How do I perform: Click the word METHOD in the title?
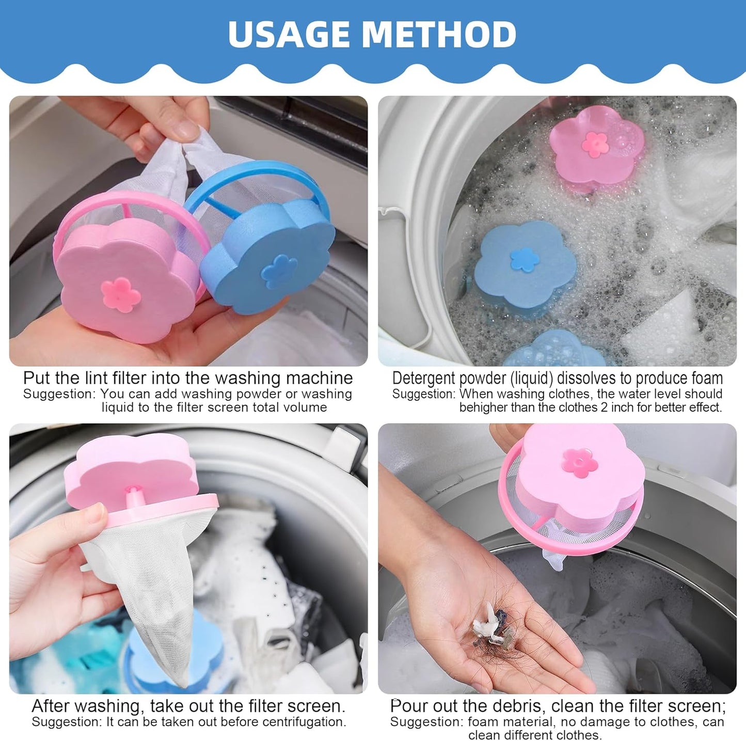tap(439, 34)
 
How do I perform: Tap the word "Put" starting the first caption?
tap(37, 378)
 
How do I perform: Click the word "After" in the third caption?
tap(51, 705)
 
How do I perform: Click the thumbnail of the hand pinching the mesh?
tap(188, 231)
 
